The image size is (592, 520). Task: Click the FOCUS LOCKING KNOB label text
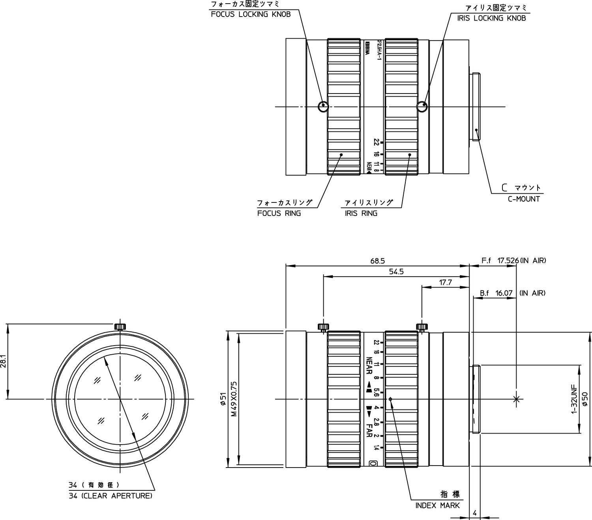[251, 15]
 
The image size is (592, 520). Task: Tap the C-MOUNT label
[524, 199]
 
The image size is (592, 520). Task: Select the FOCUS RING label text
[279, 213]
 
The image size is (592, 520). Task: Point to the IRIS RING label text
[361, 213]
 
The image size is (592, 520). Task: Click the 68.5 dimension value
[377, 261]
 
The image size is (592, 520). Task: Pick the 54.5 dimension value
[396, 272]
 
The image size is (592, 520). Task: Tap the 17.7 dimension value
[445, 282]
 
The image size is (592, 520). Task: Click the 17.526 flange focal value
[508, 261]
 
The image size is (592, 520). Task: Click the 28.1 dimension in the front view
[4, 361]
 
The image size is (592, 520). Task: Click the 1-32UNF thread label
[574, 399]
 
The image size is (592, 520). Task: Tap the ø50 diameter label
[585, 399]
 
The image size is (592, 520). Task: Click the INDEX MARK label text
[437, 505]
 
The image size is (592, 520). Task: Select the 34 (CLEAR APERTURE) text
[110, 496]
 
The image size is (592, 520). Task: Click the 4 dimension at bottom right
[475, 513]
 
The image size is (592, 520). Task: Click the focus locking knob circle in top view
[323, 106]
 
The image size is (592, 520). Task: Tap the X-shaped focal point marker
[516, 399]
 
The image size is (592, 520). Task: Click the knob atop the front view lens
[120, 326]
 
